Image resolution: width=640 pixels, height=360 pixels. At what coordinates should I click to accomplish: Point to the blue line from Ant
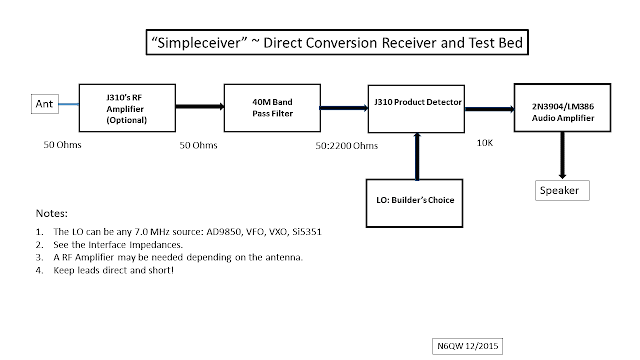tap(69, 104)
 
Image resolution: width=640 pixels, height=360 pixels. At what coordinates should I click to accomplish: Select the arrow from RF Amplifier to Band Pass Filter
tap(200, 107)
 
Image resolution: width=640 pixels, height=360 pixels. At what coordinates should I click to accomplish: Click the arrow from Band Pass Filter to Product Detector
tap(344, 108)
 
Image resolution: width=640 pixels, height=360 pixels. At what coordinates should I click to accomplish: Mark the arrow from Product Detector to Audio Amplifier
tap(489, 109)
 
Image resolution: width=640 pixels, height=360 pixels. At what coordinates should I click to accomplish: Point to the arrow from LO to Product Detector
tap(417, 156)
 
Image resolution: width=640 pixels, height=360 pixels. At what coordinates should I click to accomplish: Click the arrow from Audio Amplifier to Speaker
tap(562, 155)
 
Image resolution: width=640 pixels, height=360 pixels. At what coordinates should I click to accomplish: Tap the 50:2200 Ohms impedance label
tap(347, 146)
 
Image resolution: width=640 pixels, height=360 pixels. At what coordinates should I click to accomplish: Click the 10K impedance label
tap(485, 143)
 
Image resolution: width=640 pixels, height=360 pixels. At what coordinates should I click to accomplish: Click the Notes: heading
tap(52, 213)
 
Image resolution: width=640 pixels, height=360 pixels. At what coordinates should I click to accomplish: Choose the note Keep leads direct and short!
tap(113, 270)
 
